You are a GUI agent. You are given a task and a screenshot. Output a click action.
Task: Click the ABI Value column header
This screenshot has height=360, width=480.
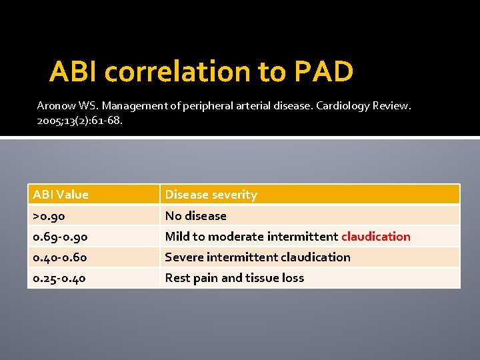click(61, 195)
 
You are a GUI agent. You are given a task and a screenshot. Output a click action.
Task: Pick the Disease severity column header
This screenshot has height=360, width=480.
click(211, 195)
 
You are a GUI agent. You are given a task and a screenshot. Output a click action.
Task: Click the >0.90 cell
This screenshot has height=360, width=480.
click(49, 215)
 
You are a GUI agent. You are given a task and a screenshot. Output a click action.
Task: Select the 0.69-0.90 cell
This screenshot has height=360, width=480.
click(60, 236)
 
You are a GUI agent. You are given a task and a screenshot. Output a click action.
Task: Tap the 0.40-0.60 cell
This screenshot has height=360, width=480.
click(60, 257)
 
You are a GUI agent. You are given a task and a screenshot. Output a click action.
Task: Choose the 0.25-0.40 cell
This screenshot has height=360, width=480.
click(60, 278)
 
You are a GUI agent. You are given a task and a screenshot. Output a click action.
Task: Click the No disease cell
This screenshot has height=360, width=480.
click(195, 215)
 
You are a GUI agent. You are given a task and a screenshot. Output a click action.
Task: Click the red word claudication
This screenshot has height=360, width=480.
click(376, 236)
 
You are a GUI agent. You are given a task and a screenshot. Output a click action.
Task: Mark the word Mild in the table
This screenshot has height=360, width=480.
click(177, 236)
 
